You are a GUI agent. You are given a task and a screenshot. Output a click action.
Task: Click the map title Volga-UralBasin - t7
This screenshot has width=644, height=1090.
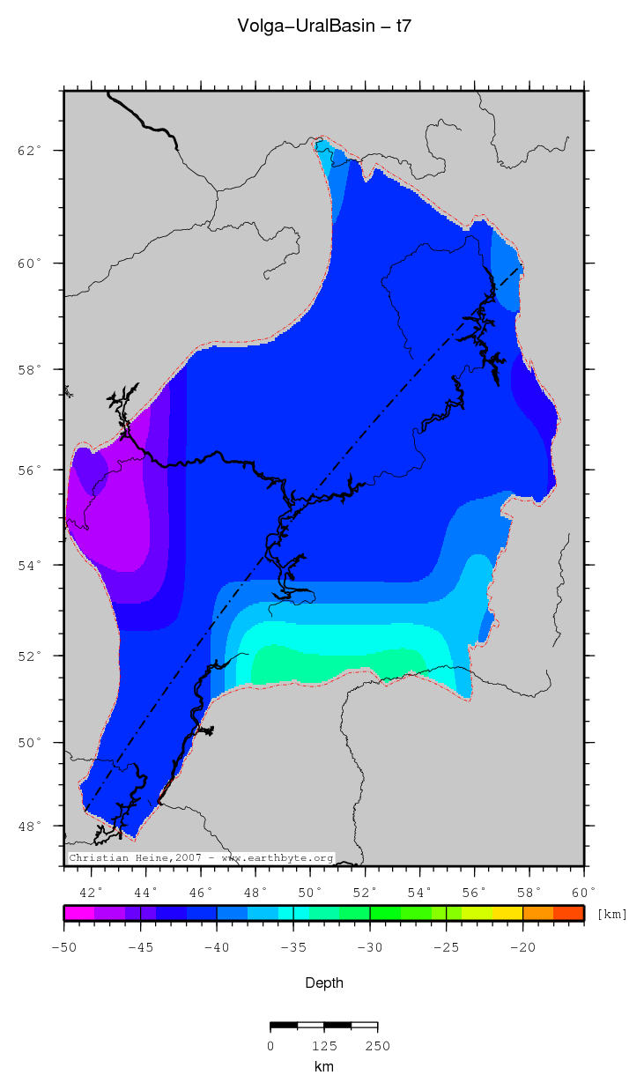point(323,26)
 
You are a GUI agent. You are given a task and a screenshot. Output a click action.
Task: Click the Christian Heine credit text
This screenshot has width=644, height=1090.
point(201,857)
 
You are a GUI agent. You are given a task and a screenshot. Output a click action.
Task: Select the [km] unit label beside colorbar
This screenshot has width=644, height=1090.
point(612,914)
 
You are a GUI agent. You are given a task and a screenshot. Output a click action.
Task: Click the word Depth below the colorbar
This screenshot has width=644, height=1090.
point(323,982)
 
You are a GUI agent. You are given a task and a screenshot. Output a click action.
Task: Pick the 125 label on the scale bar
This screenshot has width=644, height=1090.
point(323,1046)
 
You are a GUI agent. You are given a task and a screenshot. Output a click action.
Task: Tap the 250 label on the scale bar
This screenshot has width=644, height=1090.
point(377,1046)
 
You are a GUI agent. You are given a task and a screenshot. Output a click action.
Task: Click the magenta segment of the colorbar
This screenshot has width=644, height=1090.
point(78,913)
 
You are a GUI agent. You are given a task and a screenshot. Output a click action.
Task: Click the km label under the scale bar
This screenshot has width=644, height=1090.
point(323,1067)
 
